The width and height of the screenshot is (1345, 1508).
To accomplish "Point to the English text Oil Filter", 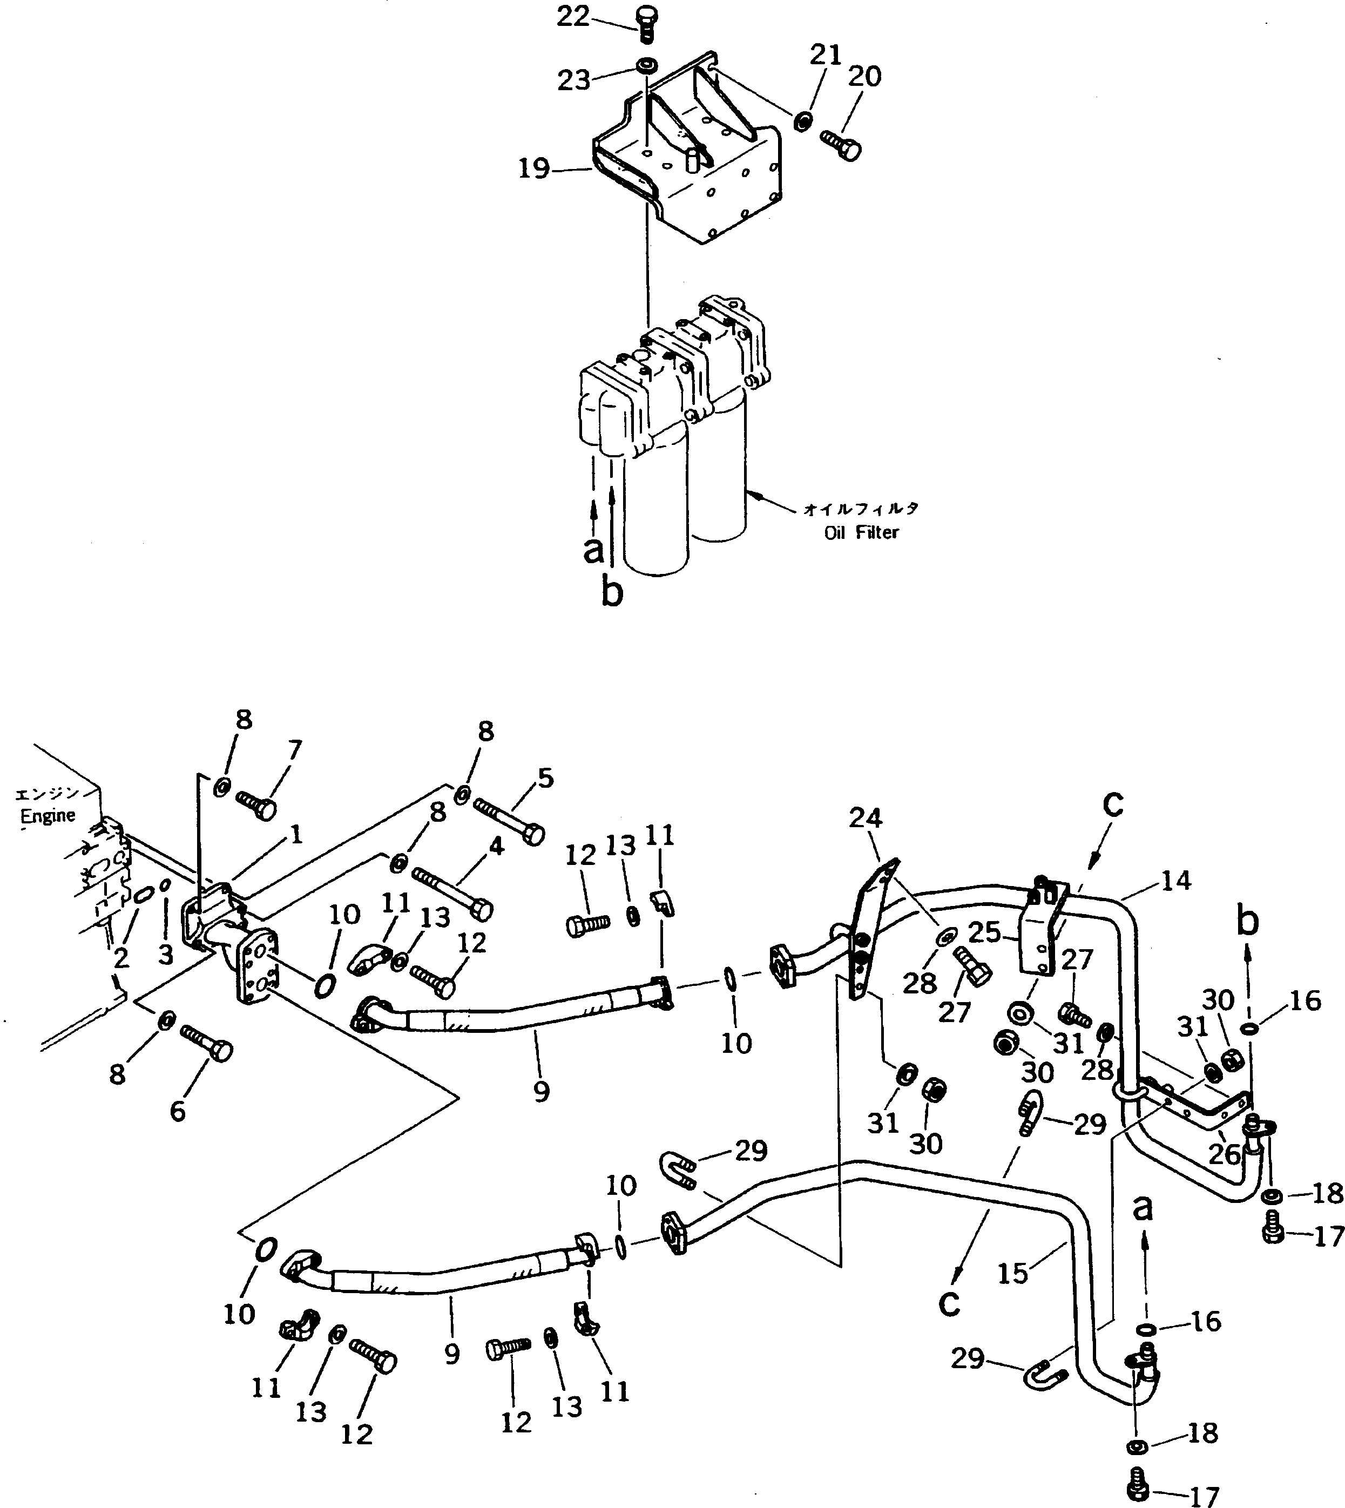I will coord(862,532).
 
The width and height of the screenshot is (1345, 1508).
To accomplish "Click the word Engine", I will coord(48,816).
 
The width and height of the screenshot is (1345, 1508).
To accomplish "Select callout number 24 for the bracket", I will coord(866,818).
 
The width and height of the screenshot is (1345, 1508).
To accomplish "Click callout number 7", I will coord(294,750).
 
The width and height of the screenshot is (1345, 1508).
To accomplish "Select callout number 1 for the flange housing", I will coord(296,835).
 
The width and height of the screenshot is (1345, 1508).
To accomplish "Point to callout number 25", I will coord(984,932).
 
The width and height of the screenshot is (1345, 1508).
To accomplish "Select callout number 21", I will coord(826,56).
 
